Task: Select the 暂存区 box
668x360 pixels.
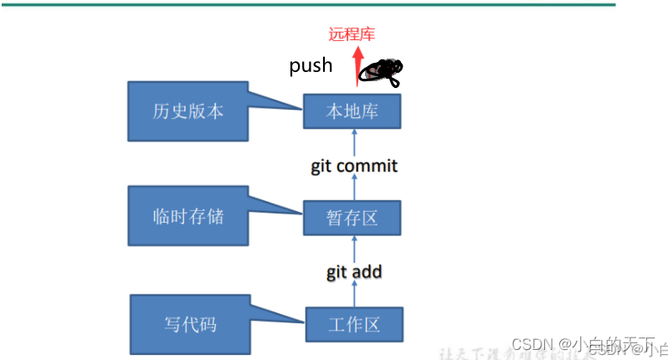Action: pyautogui.click(x=352, y=219)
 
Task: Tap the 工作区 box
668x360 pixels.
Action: pyautogui.click(x=352, y=324)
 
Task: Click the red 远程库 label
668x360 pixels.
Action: pyautogui.click(x=352, y=34)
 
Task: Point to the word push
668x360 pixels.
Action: pyautogui.click(x=311, y=65)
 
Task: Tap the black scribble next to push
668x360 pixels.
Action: pyautogui.click(x=382, y=71)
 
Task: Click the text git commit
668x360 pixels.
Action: pyautogui.click(x=354, y=166)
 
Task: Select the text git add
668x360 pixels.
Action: pyautogui.click(x=354, y=271)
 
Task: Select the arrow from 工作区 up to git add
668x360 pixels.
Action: pyautogui.click(x=354, y=294)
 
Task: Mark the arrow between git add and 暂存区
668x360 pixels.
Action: pyautogui.click(x=354, y=248)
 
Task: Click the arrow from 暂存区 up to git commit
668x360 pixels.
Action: pyautogui.click(x=354, y=189)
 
